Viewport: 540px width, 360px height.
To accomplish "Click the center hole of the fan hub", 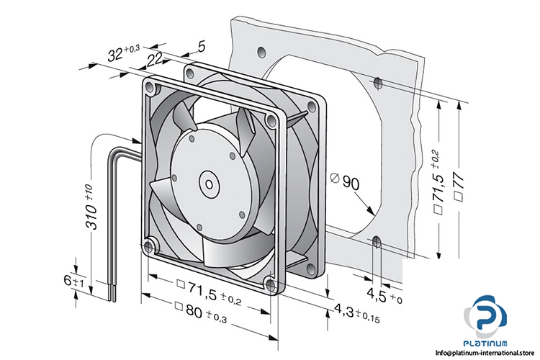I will pos(209,182).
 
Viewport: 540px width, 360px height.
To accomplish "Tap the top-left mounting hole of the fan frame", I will pos(150,89).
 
